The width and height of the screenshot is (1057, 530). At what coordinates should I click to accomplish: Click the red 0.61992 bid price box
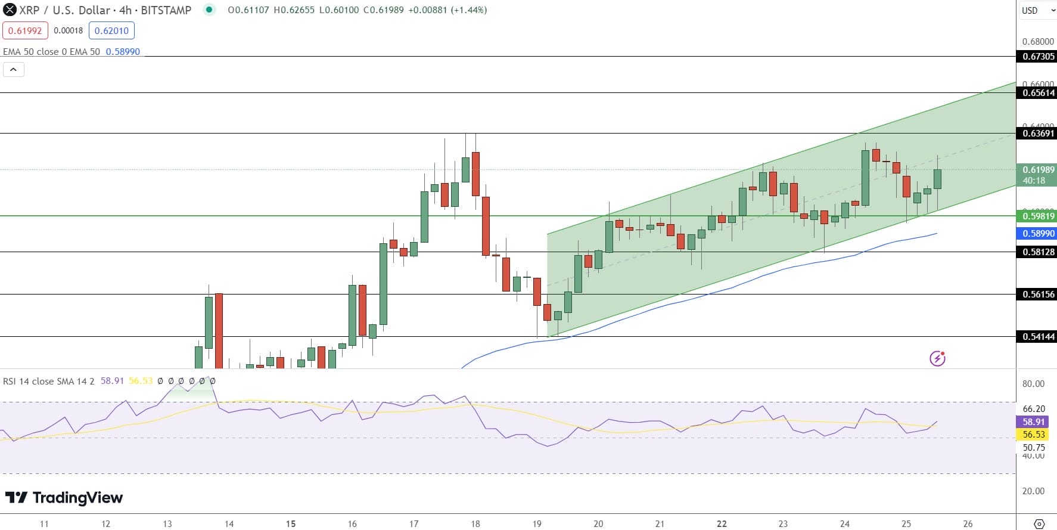tap(25, 30)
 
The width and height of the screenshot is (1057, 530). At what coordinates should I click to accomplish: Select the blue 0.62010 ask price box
tap(111, 30)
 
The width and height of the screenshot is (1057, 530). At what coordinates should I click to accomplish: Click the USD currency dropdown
tap(1037, 10)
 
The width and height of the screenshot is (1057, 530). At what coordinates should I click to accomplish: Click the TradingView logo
tap(64, 498)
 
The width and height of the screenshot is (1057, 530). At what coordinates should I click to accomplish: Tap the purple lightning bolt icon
tap(937, 358)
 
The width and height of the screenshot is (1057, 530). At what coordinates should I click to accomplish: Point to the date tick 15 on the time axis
tap(291, 524)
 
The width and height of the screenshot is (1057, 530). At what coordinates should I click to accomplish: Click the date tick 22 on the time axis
tap(722, 524)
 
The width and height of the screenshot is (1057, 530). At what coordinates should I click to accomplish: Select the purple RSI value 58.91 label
tap(1034, 421)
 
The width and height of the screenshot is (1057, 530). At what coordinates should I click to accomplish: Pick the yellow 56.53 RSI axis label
tap(1034, 435)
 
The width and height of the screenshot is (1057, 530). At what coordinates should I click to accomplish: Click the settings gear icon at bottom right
tap(1039, 524)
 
